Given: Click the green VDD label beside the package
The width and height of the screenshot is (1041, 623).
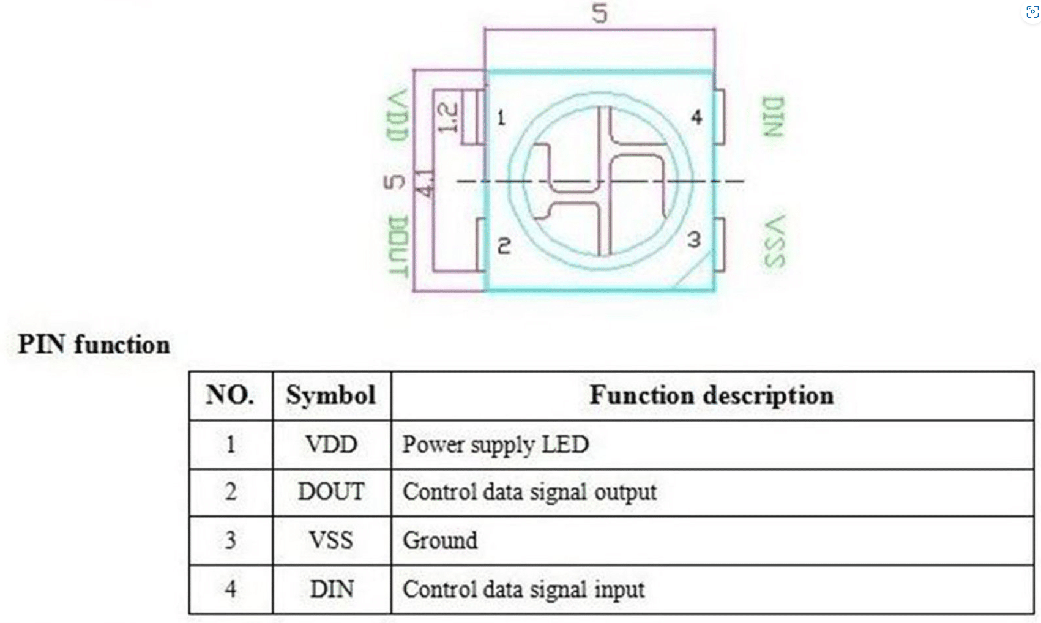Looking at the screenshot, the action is (398, 116).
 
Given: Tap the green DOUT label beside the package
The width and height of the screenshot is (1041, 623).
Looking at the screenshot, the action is (398, 246).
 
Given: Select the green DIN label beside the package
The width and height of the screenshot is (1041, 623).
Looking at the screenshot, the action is (774, 117).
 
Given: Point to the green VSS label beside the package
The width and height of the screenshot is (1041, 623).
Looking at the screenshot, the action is (775, 241).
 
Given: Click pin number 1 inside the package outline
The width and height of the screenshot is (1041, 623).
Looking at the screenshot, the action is (501, 118).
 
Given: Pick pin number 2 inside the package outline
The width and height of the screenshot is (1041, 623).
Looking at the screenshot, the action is (504, 246).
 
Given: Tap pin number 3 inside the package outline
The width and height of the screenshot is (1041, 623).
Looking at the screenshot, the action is (694, 240).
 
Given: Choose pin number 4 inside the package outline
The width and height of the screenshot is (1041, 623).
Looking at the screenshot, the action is (696, 117).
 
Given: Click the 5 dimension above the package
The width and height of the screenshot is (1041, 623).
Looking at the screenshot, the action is (600, 12).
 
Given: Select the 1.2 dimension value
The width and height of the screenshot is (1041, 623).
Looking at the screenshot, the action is (448, 117).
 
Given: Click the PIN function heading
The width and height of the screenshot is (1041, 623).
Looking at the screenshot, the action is (94, 345).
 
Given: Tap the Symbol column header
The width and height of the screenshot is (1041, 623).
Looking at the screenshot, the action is (331, 395).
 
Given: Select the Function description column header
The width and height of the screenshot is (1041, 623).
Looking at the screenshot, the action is (712, 396).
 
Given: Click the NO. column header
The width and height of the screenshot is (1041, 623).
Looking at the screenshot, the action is (230, 395).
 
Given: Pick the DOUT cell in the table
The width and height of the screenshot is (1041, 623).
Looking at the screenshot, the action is (331, 491).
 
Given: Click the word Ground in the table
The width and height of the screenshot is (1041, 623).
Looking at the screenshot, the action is (439, 540).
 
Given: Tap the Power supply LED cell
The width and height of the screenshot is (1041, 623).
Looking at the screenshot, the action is (495, 444).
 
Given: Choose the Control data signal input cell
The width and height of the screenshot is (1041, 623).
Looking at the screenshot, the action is (523, 589).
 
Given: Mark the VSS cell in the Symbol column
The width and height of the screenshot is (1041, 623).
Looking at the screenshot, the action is (331, 540).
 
